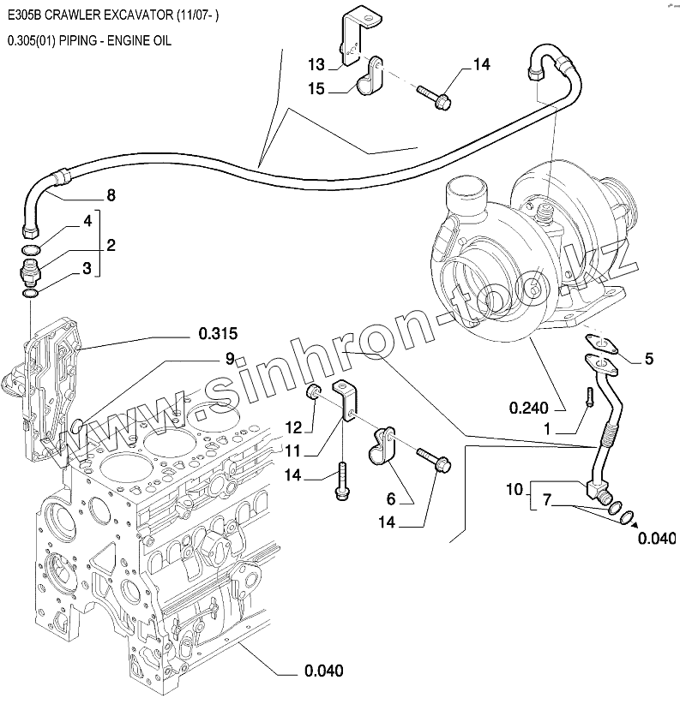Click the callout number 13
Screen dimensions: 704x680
316,65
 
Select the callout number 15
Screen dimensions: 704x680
316,88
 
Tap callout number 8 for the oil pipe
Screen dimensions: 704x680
111,195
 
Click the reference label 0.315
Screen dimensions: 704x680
217,332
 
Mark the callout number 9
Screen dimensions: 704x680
230,359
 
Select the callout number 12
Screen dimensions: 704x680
293,427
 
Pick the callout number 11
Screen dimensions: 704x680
293,450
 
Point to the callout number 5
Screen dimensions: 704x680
649,359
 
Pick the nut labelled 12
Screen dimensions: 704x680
315,393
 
